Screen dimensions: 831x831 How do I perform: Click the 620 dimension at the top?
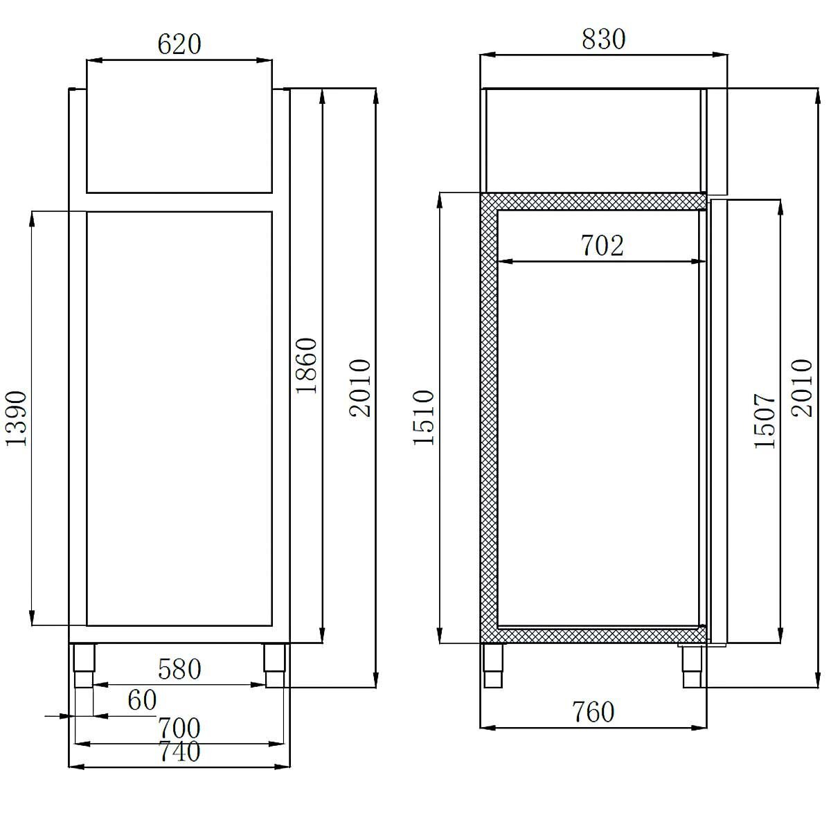tap(179, 44)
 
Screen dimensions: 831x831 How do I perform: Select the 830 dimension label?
tap(603, 39)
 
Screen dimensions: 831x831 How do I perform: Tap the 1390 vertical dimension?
tap(15, 418)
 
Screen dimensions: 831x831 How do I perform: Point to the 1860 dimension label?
tap(306, 366)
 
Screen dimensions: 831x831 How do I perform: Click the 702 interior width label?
tap(602, 245)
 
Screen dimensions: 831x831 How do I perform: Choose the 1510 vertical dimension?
tap(423, 418)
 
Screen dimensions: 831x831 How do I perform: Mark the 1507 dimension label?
tap(766, 421)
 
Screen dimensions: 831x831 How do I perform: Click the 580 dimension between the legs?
tap(179, 669)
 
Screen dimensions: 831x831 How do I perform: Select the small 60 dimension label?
tap(142, 700)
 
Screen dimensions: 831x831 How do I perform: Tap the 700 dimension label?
tap(179, 729)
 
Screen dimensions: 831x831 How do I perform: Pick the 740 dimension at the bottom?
tap(179, 751)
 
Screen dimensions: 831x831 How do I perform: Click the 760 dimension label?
tap(593, 712)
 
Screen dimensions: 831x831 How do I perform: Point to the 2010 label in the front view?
tap(360, 388)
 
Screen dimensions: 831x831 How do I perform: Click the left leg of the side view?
tap(493, 665)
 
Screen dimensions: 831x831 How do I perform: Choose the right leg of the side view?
tap(691, 666)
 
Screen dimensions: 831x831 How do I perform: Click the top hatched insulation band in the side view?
tap(593, 201)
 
